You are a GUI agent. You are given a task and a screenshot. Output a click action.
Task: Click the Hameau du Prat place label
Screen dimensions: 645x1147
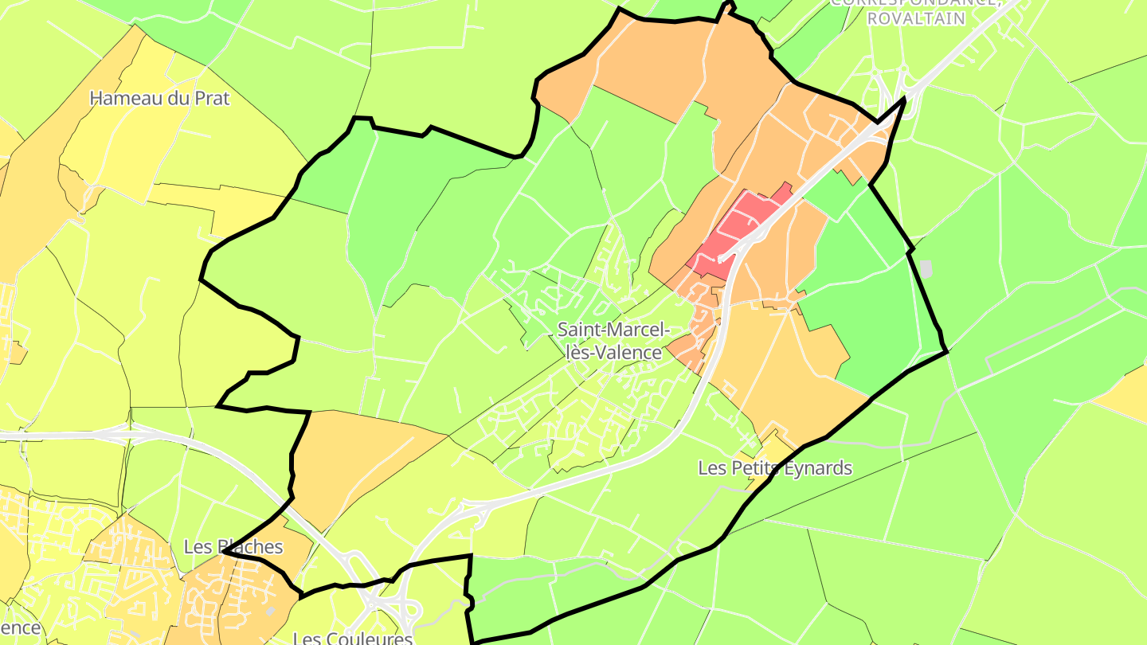point(159,99)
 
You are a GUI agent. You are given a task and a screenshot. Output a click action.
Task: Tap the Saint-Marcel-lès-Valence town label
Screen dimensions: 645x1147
point(613,340)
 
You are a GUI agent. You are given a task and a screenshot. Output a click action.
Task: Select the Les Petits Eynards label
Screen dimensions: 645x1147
point(775,468)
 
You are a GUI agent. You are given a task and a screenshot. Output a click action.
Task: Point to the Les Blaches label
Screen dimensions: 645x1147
point(233,547)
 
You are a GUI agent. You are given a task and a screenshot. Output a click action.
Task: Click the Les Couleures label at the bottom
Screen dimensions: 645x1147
point(353,638)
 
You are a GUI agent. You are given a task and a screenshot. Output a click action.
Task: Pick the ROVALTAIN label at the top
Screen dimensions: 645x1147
point(917,18)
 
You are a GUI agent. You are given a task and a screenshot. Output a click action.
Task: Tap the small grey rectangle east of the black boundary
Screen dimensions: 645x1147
point(926,268)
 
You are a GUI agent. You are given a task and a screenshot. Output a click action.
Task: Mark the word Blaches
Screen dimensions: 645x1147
point(248,547)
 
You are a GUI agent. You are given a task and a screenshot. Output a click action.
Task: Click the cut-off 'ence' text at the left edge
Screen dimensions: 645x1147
point(19,627)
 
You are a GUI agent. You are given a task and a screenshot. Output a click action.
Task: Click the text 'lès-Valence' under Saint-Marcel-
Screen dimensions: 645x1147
point(613,352)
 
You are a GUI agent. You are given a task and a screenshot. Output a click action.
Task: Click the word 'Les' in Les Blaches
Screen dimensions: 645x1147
point(197,547)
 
